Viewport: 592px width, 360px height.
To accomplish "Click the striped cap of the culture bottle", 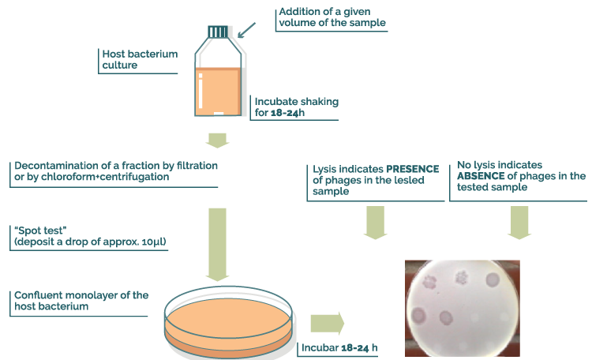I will tap(221, 32).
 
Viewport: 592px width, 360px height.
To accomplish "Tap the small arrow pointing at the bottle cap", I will tap(246, 30).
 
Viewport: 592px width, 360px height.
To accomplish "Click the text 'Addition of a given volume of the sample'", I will tap(332, 17).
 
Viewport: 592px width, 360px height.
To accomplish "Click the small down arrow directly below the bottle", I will tap(217, 141).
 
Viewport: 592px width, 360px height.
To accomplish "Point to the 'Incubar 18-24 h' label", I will tap(340, 348).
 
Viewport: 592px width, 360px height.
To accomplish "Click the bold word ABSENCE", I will tap(481, 176).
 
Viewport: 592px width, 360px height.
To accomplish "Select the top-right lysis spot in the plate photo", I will tap(494, 280).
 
